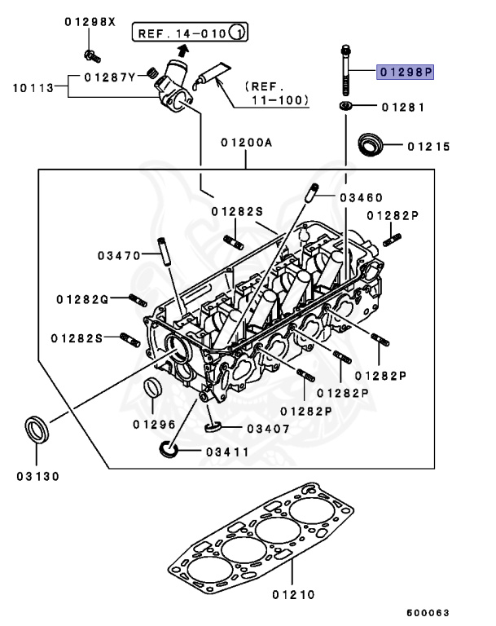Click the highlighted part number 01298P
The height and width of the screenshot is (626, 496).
tap(405, 73)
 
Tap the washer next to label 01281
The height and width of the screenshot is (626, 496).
tap(346, 106)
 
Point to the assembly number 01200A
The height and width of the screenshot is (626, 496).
tap(245, 142)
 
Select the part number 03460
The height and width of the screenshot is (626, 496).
tap(361, 198)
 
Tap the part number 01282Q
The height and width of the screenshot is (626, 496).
tap(82, 299)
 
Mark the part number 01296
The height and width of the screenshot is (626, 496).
tap(152, 425)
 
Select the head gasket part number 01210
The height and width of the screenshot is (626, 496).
tap(292, 595)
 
